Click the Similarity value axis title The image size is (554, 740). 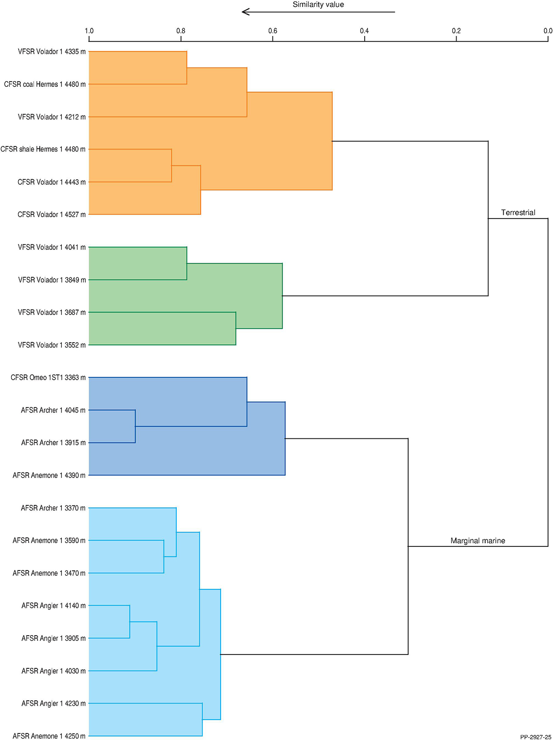coord(318,5)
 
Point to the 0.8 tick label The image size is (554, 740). coord(181,31)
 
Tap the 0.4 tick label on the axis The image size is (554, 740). coord(364,31)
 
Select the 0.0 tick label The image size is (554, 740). coord(548,31)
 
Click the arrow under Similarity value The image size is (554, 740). coord(318,12)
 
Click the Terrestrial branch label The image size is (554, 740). coord(518,212)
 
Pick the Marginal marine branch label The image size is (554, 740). coord(478,540)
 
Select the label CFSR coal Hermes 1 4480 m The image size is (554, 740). coord(45,85)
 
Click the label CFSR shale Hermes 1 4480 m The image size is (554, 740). coord(43,149)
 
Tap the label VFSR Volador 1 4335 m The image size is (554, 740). coord(52,52)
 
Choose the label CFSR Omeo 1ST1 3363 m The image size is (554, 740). coord(48,377)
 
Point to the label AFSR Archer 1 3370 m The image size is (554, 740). coord(53,508)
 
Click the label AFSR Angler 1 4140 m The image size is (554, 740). coord(54,606)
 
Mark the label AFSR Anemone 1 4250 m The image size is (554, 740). coord(49,736)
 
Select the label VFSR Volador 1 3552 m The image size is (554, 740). coord(52,345)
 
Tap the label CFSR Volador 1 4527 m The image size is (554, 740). coord(52,214)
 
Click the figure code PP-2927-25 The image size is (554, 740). coord(536,737)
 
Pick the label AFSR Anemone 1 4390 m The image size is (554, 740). coord(49,475)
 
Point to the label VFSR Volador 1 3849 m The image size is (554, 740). coord(52,280)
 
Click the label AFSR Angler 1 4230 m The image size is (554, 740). coord(54,704)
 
